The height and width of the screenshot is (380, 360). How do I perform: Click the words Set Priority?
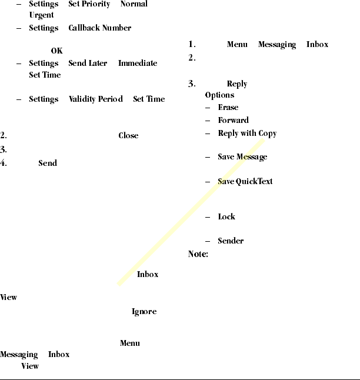pos(89,4)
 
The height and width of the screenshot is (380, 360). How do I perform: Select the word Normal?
pos(134,4)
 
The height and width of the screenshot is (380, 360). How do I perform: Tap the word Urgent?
pos(41,15)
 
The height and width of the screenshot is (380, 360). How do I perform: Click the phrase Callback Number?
pos(99,28)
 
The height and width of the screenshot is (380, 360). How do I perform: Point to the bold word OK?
pos(56,51)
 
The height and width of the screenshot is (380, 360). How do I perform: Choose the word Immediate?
pos(138,64)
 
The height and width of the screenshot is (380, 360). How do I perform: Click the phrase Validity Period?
pos(95,99)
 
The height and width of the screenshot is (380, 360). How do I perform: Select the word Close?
pos(128,136)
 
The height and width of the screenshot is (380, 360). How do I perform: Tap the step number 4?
pos(4,163)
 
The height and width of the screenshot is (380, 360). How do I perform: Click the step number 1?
pos(192,45)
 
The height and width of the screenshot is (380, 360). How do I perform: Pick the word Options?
pos(219,95)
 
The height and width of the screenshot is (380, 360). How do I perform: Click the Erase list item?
pos(228,108)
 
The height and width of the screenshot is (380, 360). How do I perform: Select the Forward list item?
pos(233,121)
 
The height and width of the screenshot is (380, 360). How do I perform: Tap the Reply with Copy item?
pos(247,134)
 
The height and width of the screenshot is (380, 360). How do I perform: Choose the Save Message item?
pos(242,157)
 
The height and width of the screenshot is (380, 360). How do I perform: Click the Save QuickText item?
pos(245,182)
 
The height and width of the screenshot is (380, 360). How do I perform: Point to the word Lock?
pos(226,217)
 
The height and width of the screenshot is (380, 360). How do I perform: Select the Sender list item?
pos(231,241)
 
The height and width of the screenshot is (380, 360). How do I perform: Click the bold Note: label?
pos(198,255)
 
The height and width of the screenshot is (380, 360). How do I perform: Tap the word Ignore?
pos(144,312)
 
